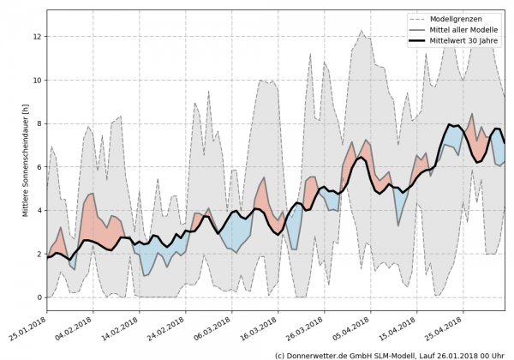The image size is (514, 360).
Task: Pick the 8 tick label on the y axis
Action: (39, 124)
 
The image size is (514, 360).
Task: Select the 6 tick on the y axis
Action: (39, 168)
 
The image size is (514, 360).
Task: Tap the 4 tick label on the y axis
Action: (39, 211)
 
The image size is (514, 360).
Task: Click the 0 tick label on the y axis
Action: (39, 298)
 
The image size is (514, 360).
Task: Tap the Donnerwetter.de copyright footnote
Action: (389, 354)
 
